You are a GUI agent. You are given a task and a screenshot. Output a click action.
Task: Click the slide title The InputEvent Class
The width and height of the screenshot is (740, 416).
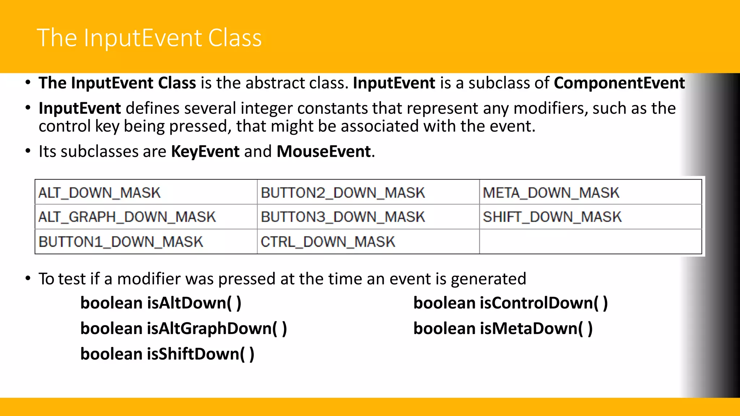149,38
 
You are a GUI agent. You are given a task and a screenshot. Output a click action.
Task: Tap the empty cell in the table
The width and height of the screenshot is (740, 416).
590,242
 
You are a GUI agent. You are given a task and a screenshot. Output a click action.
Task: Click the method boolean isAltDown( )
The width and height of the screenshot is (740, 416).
160,303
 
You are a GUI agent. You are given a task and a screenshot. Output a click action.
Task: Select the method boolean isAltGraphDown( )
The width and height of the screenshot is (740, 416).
183,328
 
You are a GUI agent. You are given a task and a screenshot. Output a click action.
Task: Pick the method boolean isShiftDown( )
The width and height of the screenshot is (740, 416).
167,354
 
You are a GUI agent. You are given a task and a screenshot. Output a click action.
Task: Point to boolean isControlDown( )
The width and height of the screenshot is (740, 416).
510,303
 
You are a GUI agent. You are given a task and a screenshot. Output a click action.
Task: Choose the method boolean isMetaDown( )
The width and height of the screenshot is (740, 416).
503,328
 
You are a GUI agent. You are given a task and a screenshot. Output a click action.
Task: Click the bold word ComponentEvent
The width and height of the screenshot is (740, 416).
619,83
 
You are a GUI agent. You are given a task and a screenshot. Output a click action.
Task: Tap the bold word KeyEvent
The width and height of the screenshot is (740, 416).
205,151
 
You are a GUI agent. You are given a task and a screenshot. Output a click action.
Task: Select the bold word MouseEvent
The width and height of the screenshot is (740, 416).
323,151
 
